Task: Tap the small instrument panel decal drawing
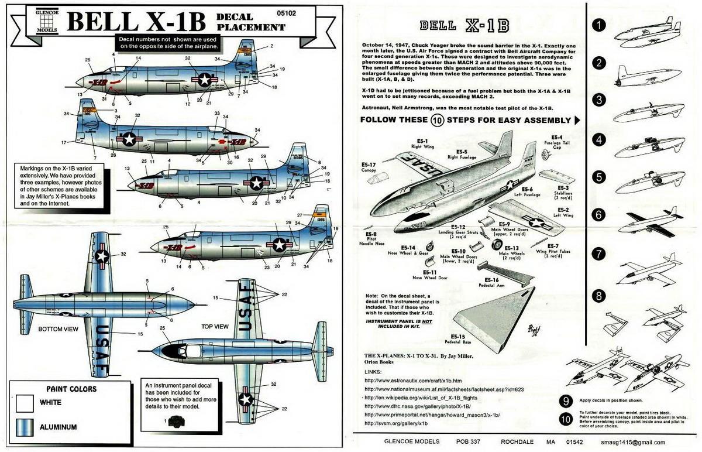[x=174, y=420]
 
